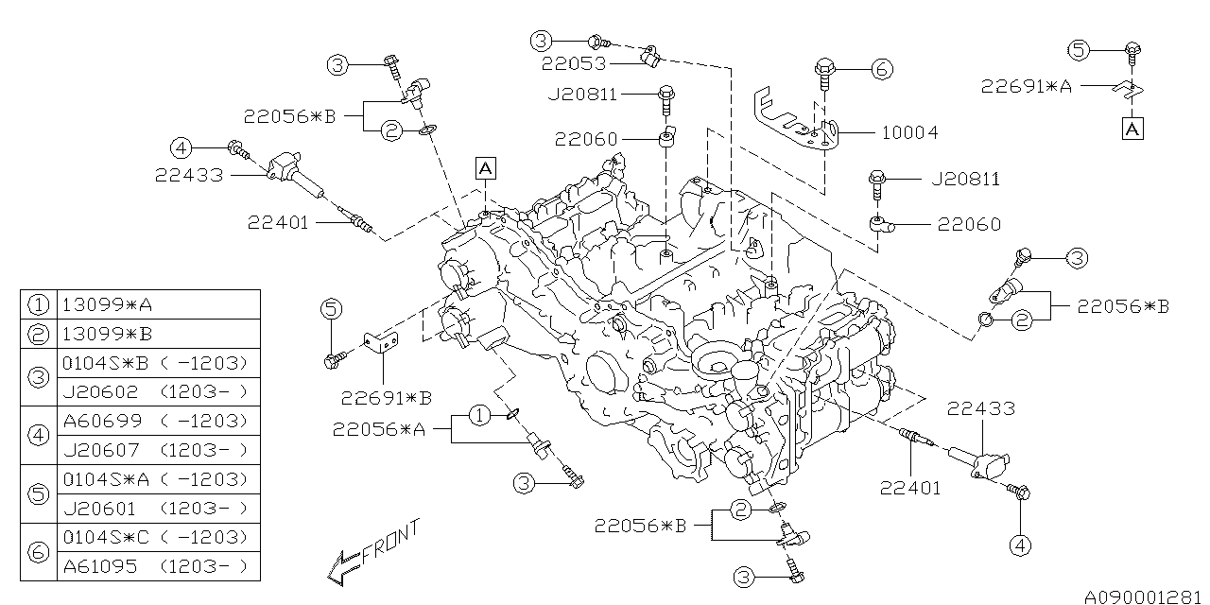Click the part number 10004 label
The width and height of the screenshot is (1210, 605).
click(909, 133)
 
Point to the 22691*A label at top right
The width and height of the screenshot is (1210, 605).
click(1026, 86)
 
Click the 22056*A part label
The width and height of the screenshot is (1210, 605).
click(379, 429)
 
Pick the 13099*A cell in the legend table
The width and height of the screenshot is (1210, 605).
click(106, 304)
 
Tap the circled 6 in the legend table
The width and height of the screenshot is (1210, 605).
click(39, 551)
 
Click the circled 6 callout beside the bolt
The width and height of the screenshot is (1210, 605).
click(880, 68)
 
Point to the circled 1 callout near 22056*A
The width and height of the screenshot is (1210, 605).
click(480, 414)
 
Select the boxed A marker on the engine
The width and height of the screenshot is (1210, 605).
click(485, 168)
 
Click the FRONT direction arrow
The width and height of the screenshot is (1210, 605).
click(338, 564)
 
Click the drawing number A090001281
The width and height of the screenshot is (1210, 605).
click(1145, 596)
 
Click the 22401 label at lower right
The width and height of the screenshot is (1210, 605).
click(910, 488)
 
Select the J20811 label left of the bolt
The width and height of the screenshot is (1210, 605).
click(581, 94)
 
